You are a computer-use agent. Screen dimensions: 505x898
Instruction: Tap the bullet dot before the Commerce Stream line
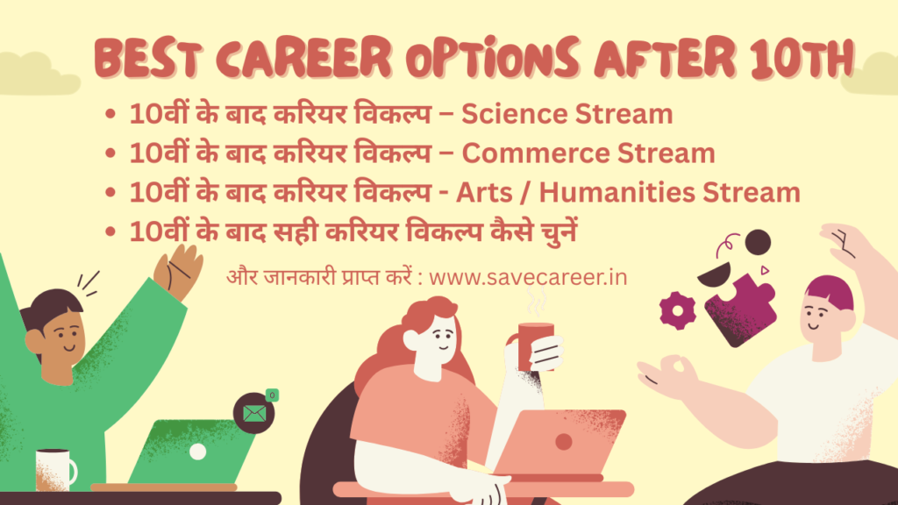pyautogui.click(x=110, y=154)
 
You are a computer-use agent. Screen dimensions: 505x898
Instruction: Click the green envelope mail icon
pyautogui.click(x=254, y=413)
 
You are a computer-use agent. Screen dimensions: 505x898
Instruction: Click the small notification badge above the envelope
pyautogui.click(x=272, y=395)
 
